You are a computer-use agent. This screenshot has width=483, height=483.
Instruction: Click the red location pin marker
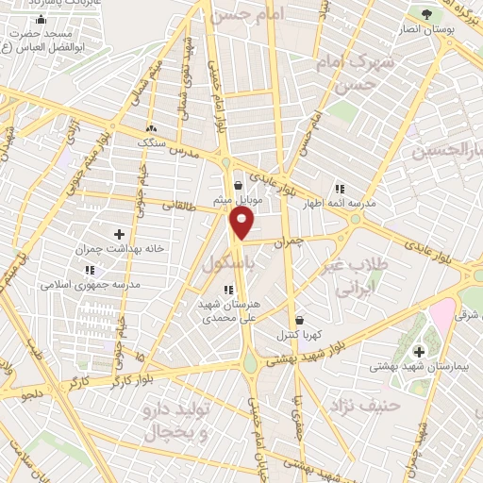[x=241, y=223]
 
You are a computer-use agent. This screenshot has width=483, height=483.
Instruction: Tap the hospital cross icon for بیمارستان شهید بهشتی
[x=419, y=352]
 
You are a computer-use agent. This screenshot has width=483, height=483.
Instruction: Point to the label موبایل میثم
[x=249, y=200]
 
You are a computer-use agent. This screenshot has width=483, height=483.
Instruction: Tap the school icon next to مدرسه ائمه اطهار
[x=339, y=188]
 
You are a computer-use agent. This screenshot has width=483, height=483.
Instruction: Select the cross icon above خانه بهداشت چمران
[x=119, y=234]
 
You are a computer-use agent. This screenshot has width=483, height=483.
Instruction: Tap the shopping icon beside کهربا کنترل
[x=298, y=320]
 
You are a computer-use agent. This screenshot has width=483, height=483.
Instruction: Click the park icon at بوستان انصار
[x=426, y=13]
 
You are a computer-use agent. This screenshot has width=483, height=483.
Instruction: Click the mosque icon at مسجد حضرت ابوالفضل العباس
[x=39, y=20]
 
